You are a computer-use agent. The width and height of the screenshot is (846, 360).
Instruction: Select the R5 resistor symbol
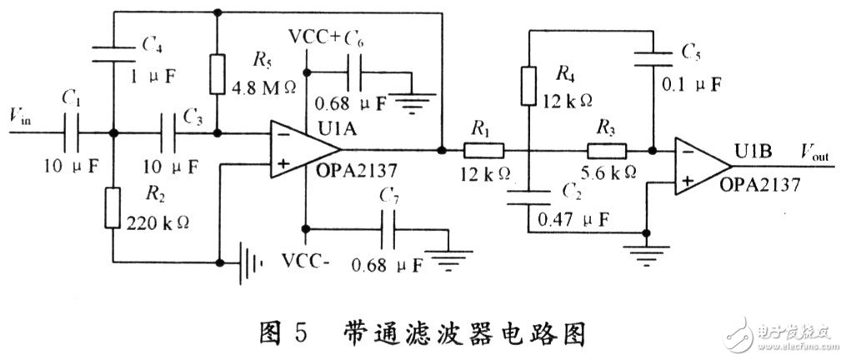point(218,75)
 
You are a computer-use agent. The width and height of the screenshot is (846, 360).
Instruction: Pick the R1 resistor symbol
point(483,151)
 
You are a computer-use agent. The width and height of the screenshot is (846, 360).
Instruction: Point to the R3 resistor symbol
point(607,151)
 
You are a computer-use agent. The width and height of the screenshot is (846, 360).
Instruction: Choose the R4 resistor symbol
point(528,87)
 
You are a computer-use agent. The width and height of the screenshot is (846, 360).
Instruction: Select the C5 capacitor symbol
point(652,57)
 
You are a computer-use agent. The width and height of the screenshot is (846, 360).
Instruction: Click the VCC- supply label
point(308,260)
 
